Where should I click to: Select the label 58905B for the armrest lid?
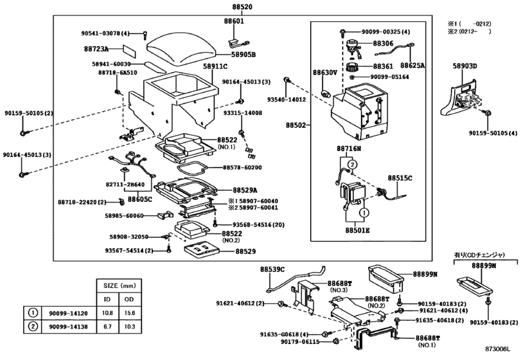click(x=243, y=55)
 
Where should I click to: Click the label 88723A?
click(x=98, y=48)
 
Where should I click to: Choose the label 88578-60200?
click(x=243, y=167)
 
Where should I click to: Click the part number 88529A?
click(x=245, y=190)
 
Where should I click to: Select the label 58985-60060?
click(x=126, y=215)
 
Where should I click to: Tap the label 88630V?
click(x=325, y=73)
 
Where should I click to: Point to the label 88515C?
click(x=400, y=177)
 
